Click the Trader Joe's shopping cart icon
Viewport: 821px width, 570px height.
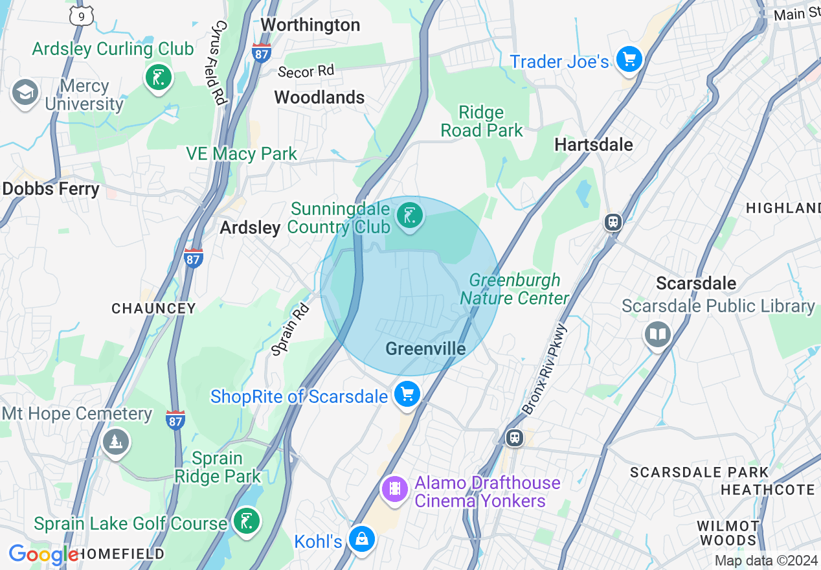click(628, 60)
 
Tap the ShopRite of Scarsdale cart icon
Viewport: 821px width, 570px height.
click(407, 393)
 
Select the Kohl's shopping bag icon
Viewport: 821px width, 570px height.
click(361, 538)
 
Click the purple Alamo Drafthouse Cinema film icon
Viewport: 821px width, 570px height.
click(394, 487)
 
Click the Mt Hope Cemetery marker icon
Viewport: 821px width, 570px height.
click(116, 442)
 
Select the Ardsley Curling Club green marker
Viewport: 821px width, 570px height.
click(158, 78)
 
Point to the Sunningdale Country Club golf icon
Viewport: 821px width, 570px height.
click(409, 214)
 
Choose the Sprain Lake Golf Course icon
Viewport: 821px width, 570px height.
click(246, 521)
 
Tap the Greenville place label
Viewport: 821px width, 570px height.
click(425, 349)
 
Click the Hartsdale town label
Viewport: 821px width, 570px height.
click(594, 144)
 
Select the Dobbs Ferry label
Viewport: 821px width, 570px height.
click(51, 189)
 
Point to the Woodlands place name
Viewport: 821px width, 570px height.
click(319, 98)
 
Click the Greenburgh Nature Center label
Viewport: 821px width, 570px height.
click(515, 289)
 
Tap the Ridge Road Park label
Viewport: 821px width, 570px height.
click(481, 121)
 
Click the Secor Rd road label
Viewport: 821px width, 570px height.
click(306, 71)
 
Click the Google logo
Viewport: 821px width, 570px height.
click(43, 554)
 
